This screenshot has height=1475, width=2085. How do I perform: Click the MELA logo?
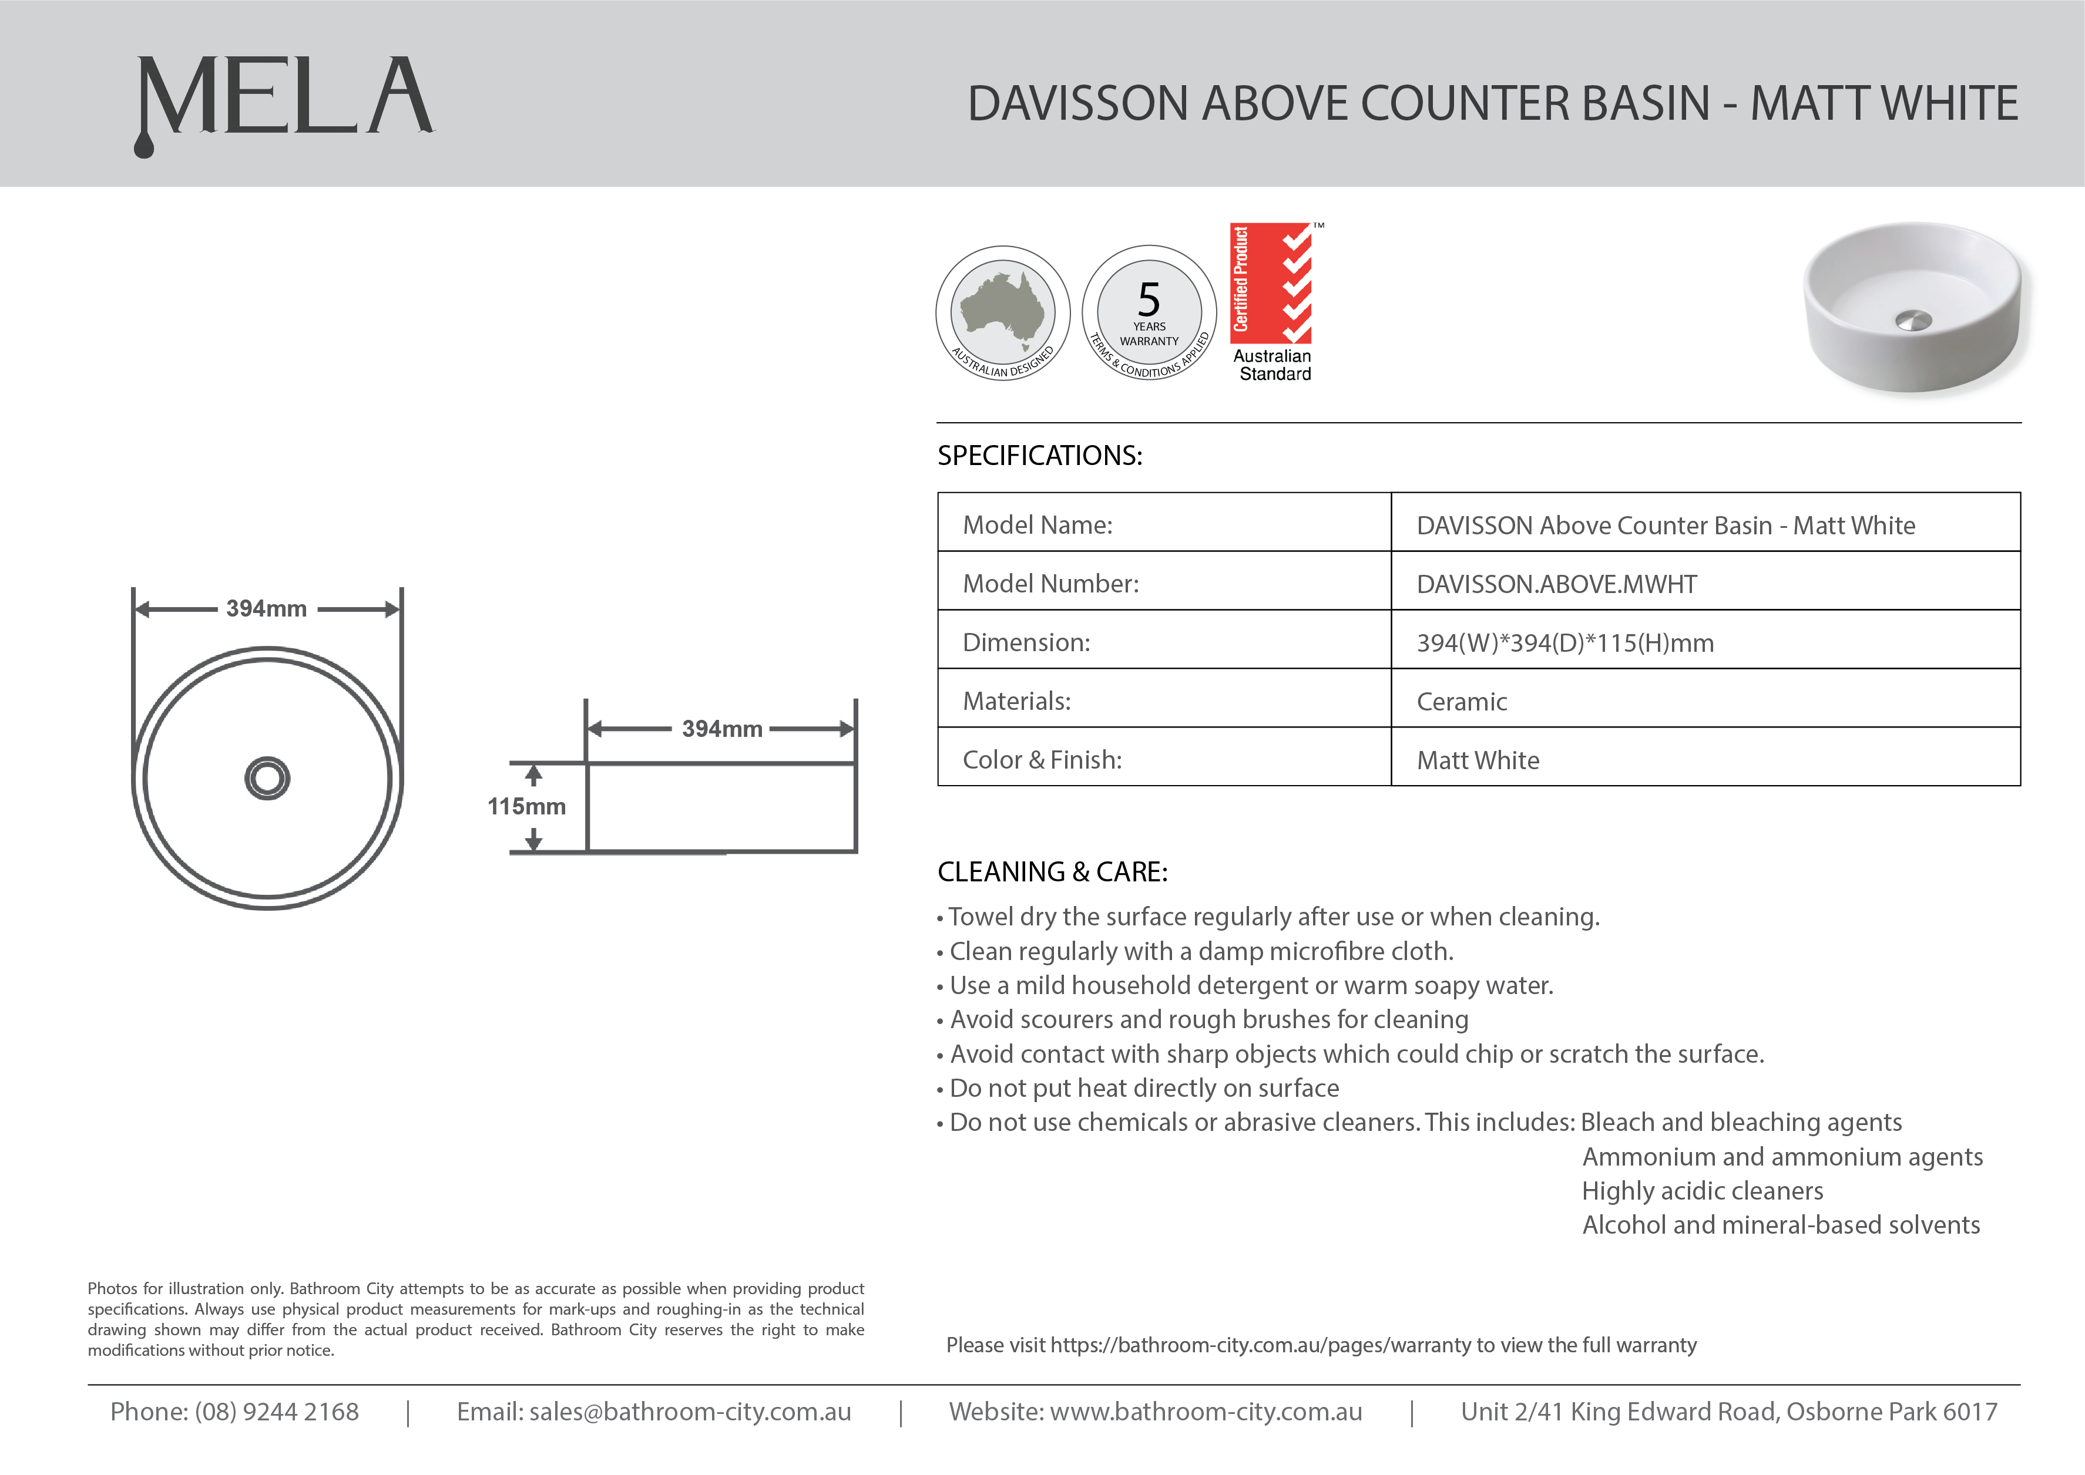284,100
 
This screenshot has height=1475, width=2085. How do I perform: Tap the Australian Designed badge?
1003,314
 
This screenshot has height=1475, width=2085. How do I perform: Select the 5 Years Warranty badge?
1149,314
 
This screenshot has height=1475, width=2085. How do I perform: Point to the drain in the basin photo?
1913,319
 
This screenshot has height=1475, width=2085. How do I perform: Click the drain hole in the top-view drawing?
267,779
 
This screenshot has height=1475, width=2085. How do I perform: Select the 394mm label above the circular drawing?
266,608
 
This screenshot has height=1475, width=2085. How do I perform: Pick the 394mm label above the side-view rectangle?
722,729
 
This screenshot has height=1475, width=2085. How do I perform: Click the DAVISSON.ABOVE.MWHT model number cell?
1556,584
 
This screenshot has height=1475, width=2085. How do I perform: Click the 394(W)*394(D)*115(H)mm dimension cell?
1564,643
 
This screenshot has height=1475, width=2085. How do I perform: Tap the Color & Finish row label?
1042,760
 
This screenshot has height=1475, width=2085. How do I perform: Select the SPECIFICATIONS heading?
1039,456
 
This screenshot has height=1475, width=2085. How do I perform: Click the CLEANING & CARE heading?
1052,872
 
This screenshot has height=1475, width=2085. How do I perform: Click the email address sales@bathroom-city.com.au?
690,1412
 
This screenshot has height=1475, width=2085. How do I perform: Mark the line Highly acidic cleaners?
1701,1191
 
